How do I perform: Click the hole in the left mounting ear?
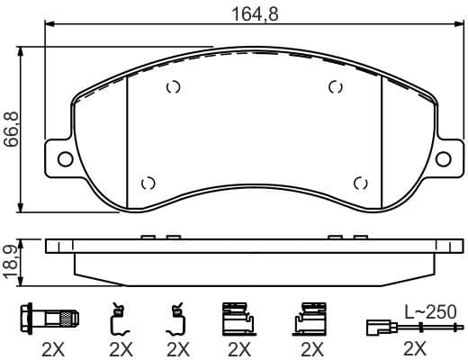(x=65, y=160)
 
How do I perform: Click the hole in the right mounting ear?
(x=443, y=160)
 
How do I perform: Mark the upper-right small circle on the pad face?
(x=336, y=87)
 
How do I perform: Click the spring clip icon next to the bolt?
(x=118, y=319)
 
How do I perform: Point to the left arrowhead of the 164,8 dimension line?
(x=48, y=23)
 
